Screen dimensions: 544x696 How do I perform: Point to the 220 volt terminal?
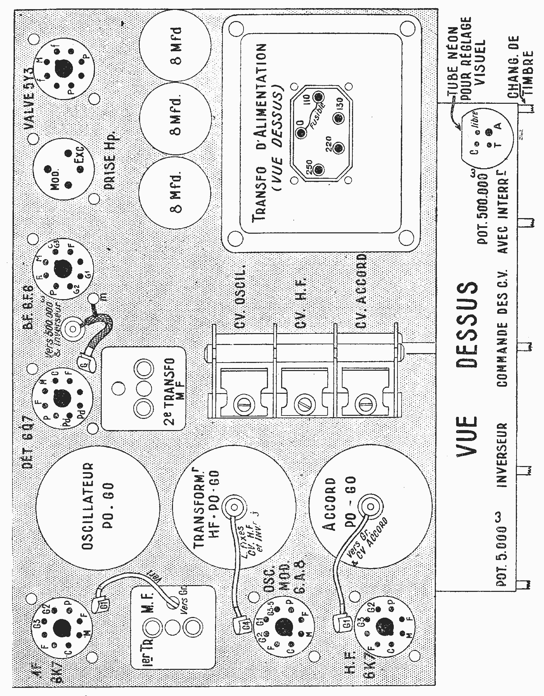tap(338, 148)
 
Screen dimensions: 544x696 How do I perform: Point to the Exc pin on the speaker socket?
tap(80, 168)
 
